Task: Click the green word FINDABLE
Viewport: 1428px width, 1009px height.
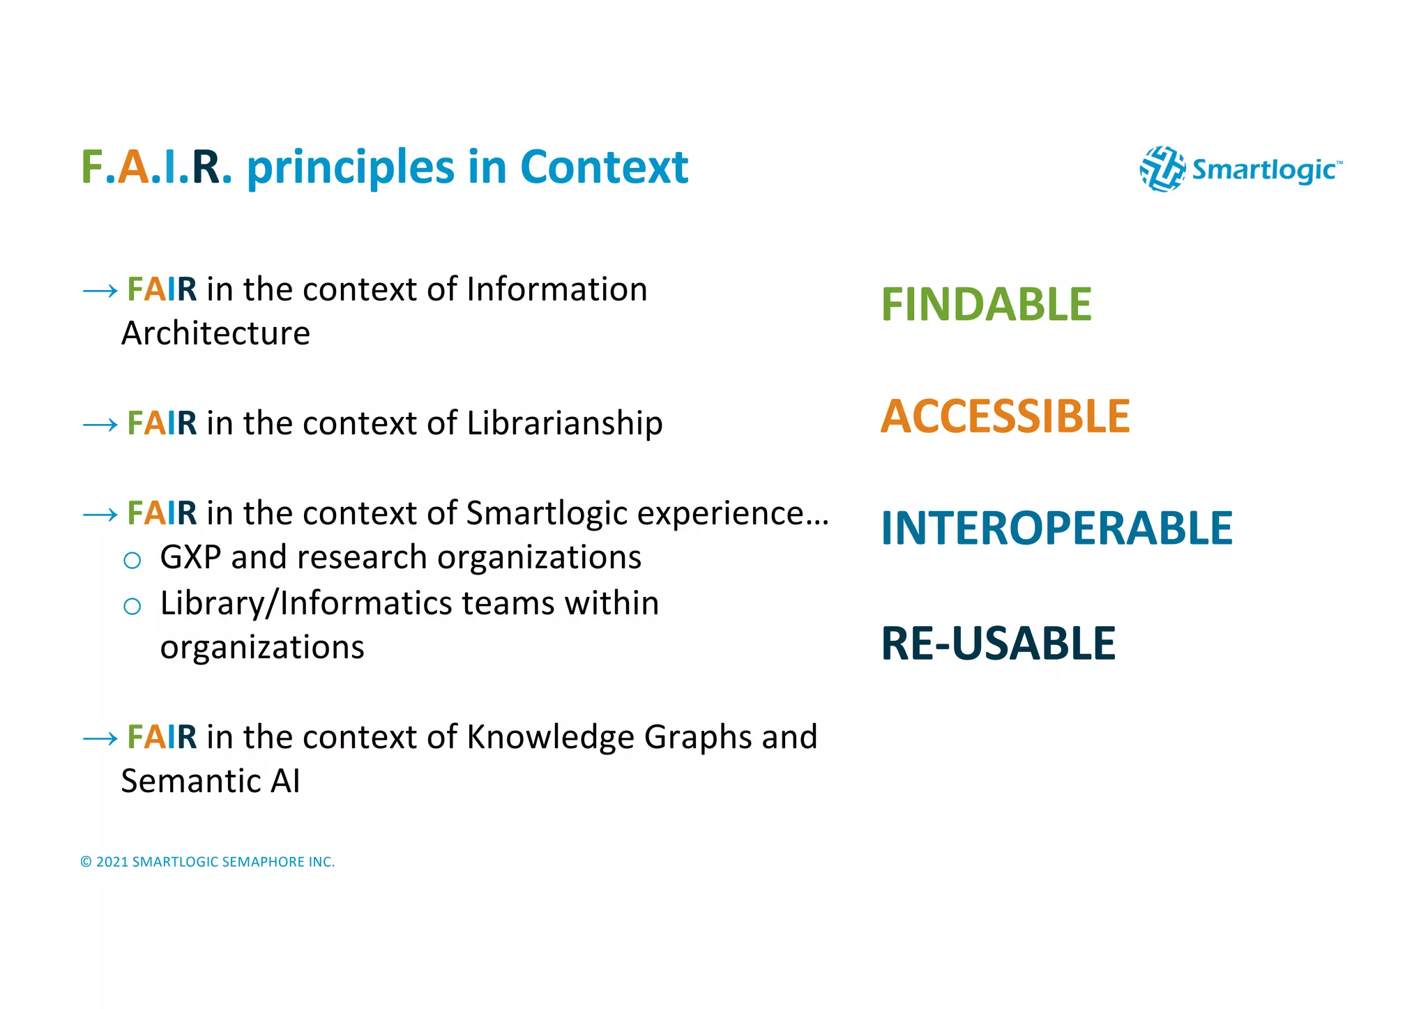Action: [986, 305]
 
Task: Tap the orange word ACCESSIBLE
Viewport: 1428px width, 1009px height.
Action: [1005, 416]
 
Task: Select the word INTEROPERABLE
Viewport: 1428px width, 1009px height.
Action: [1056, 528]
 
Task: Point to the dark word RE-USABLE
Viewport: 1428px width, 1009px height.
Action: [998, 643]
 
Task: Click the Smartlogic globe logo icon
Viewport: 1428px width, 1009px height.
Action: [1162, 169]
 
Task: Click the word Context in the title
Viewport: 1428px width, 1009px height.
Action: [604, 167]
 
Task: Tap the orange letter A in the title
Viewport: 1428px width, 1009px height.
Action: [133, 167]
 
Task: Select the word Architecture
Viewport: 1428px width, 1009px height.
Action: [215, 333]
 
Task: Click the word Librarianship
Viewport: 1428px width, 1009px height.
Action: [564, 423]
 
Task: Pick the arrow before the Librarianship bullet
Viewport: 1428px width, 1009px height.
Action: [100, 425]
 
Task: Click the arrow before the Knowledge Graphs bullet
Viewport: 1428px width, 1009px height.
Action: [100, 738]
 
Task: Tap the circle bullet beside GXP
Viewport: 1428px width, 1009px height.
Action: [132, 560]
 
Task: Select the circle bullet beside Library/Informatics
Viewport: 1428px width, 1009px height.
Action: [132, 606]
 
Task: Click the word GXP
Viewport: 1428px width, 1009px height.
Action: [190, 557]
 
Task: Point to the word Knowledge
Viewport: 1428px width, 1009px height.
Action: [550, 737]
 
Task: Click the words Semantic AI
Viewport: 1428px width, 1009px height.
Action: [211, 781]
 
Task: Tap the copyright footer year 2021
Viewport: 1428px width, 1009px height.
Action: [112, 862]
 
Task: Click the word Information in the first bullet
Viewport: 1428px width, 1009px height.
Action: [556, 289]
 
